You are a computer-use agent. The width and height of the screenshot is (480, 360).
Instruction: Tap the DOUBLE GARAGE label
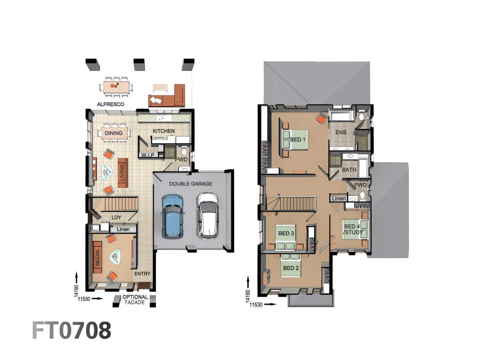(x=190, y=184)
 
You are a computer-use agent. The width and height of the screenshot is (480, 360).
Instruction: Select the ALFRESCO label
(x=110, y=104)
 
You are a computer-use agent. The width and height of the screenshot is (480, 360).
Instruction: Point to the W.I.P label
(x=148, y=155)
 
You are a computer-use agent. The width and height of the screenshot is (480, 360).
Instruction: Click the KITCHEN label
(x=163, y=131)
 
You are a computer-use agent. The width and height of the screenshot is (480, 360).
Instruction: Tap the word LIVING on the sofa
(x=122, y=172)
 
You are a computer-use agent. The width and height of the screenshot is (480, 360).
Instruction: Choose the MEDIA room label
(x=97, y=257)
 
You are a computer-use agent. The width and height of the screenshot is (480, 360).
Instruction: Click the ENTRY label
(x=142, y=274)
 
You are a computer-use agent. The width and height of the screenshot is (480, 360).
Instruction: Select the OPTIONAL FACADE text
(x=135, y=300)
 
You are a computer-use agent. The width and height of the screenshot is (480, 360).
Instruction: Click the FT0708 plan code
(x=71, y=331)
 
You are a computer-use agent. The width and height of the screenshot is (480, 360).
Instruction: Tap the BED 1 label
(x=297, y=139)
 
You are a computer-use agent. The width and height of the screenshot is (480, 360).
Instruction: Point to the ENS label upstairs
(x=341, y=132)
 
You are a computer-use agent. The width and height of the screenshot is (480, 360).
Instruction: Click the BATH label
(x=349, y=170)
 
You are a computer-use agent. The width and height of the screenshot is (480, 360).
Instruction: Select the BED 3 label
(x=286, y=233)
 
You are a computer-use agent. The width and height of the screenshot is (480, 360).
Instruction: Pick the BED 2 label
(x=291, y=268)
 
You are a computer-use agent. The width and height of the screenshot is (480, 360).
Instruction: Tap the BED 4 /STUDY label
(x=353, y=229)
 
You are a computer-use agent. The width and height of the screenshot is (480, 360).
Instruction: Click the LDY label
(x=116, y=217)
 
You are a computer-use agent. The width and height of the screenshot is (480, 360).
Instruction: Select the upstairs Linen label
(x=339, y=198)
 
